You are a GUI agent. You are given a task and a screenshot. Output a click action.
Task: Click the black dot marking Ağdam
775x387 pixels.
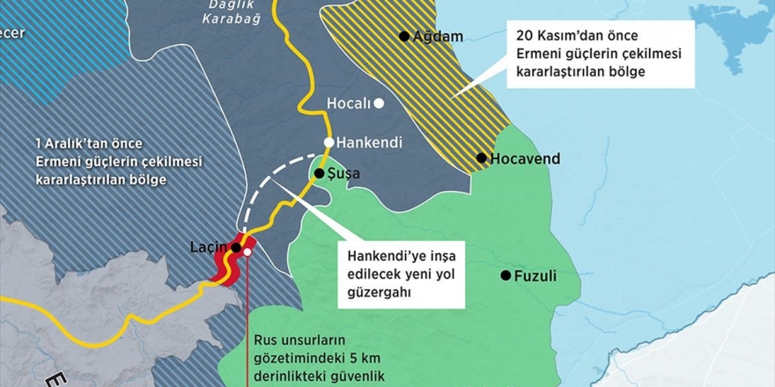coord(404,36)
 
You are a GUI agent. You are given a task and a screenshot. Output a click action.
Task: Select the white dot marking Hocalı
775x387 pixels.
coord(379,103)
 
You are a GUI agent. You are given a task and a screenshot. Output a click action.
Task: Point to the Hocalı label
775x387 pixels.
coord(349,103)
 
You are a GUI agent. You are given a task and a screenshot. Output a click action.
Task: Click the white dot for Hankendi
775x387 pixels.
coord(328,142)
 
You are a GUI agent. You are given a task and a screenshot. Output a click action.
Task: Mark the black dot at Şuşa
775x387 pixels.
coord(320,174)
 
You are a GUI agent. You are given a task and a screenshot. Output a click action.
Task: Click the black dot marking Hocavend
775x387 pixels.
coord(482,158)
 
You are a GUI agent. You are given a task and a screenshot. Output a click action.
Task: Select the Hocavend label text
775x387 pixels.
coord(525,159)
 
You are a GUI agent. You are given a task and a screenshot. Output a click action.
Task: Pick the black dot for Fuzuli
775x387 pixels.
coord(506,275)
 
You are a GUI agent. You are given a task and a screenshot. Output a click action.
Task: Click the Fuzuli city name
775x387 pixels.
coord(535,275)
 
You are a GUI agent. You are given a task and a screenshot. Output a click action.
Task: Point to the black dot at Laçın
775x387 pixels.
coord(236,248)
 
